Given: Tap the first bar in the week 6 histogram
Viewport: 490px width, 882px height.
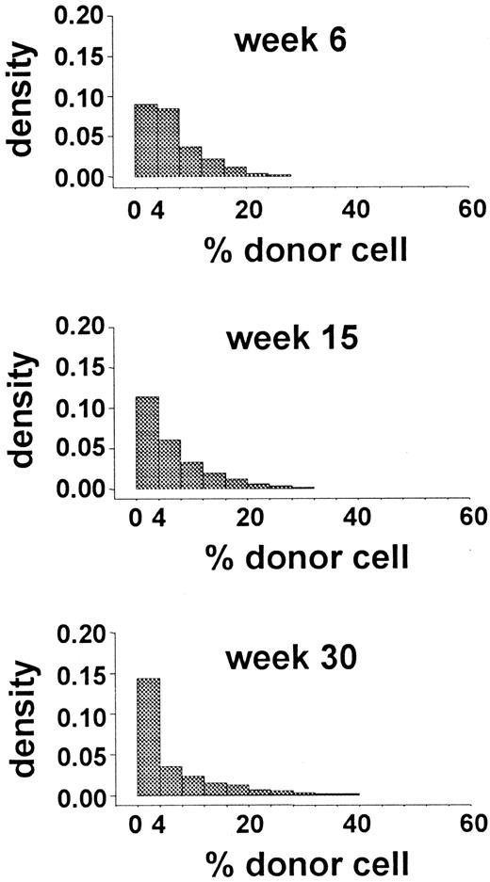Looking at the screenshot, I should [x=146, y=140].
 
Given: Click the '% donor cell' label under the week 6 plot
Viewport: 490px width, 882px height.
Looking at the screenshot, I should [x=306, y=250].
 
